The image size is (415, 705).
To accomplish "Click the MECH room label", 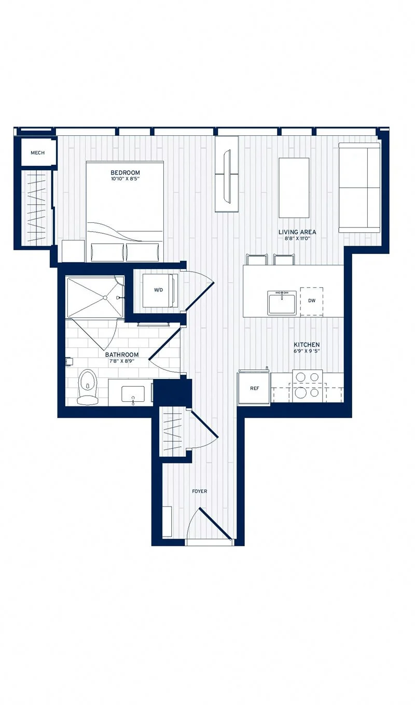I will [37, 152].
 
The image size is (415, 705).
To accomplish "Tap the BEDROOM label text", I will [125, 173].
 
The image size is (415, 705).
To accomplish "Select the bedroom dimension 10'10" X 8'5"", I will [125, 179].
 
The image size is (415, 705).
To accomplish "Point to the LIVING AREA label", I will [297, 232].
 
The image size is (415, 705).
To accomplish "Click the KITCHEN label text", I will [307, 344].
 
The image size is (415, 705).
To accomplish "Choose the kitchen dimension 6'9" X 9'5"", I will [307, 351].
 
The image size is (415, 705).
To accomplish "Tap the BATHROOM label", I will [122, 355].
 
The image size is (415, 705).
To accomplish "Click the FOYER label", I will [200, 491].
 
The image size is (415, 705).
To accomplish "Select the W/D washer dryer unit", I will [159, 290].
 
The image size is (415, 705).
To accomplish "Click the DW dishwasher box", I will [312, 300].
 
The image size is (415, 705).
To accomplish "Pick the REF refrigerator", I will [254, 388].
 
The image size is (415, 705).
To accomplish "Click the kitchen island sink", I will [282, 302].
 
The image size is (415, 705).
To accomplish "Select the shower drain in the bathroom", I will [105, 298].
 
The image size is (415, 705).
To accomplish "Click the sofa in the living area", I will [359, 187].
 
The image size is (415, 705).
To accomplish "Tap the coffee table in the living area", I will [294, 188].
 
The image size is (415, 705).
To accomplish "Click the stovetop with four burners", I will [307, 386].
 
